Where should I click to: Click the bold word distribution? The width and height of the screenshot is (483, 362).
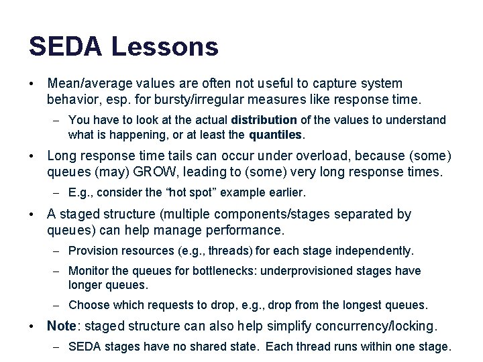(263, 120)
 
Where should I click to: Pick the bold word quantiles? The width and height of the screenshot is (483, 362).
(276, 134)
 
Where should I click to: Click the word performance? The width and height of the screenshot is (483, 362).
(250, 231)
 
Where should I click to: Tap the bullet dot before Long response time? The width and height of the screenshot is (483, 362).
(32, 156)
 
